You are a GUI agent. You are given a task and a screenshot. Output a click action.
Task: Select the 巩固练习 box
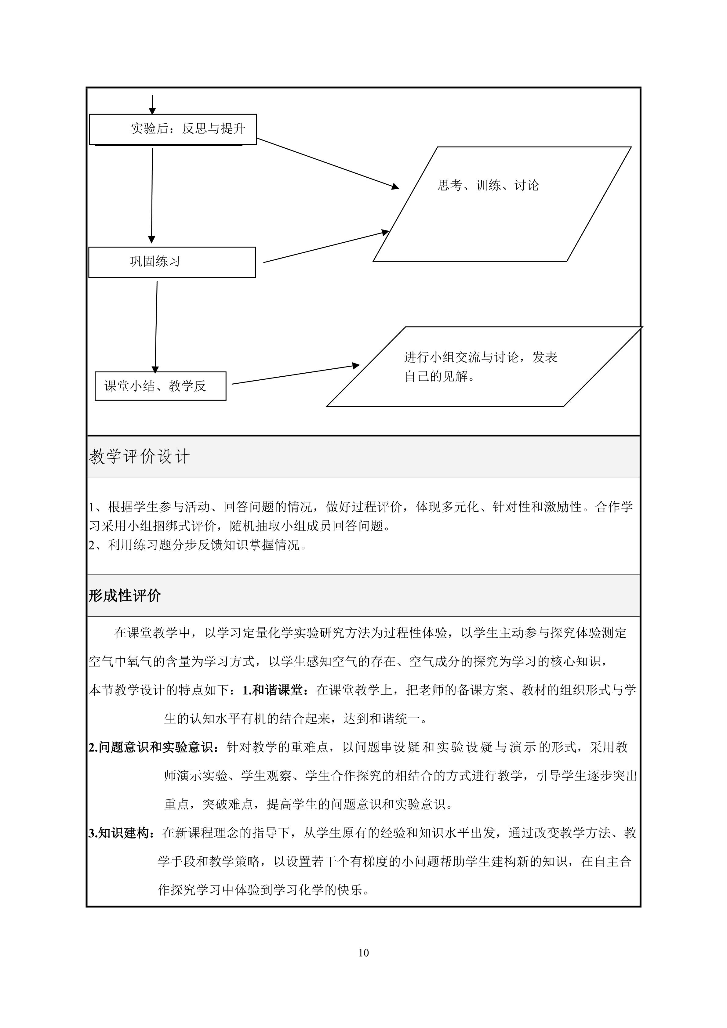172,262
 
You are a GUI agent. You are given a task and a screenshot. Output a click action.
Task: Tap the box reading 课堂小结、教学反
160,386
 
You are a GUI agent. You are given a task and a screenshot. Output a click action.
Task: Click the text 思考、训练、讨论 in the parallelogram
488,185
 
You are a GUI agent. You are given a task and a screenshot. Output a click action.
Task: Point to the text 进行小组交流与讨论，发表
480,357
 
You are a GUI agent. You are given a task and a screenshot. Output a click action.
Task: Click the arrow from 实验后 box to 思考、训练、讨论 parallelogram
327,163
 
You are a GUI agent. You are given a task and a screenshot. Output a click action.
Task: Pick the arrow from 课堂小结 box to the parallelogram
296,375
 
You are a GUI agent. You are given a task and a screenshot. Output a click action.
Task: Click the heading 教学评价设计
139,457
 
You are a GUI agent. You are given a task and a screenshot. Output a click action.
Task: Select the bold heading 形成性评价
125,595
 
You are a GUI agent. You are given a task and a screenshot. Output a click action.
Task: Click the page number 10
363,953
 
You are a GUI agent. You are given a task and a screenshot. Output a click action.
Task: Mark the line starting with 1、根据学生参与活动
361,507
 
